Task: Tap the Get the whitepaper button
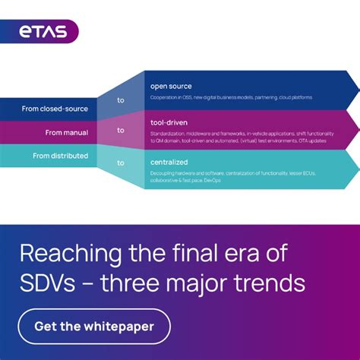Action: (x=94, y=327)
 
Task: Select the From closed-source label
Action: (x=55, y=109)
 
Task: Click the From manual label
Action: (x=66, y=133)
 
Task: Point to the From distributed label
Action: (x=60, y=156)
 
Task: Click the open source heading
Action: (x=171, y=86)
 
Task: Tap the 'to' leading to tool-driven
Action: (x=121, y=130)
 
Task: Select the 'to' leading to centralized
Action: (x=121, y=163)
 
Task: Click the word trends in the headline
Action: (x=271, y=283)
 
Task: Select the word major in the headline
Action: (x=201, y=283)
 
